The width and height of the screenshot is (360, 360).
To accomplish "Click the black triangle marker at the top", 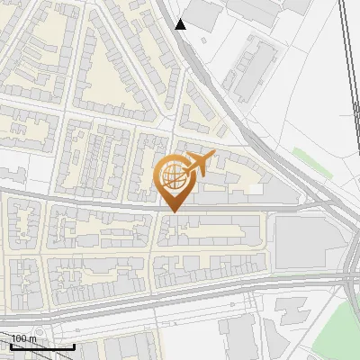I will click(181, 24).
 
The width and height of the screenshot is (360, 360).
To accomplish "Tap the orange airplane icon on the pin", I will click(198, 165).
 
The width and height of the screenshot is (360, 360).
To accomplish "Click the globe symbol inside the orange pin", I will click(171, 177).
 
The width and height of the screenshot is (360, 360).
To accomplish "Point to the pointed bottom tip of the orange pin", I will click(173, 211).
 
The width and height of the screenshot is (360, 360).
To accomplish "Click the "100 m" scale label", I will click(24, 338).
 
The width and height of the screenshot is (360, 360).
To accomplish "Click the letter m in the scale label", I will click(32, 338).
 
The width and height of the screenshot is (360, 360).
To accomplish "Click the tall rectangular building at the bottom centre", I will click(238, 337).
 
